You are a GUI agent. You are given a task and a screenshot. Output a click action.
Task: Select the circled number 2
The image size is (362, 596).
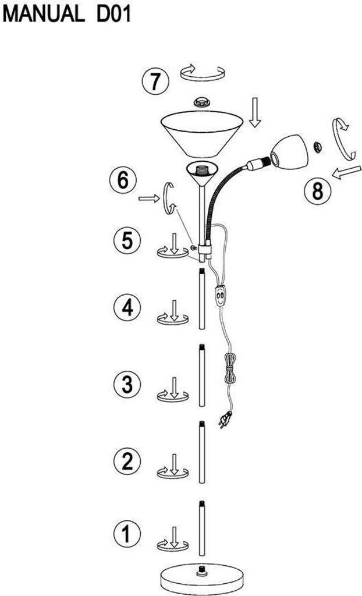127,461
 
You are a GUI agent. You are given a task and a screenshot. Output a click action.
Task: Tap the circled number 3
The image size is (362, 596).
127,384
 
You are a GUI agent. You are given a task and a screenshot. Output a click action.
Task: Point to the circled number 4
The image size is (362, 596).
127,307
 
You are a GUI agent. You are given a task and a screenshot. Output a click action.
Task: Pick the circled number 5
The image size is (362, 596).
127,240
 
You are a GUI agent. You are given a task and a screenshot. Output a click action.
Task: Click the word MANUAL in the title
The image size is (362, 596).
42,14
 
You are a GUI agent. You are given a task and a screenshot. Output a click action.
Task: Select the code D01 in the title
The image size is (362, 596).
109,14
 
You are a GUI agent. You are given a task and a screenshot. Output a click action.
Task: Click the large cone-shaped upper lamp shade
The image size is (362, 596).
202,133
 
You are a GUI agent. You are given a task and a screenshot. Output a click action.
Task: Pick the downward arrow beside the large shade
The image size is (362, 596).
254,112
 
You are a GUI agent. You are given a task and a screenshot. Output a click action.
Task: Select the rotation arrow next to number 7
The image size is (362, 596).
202,74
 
